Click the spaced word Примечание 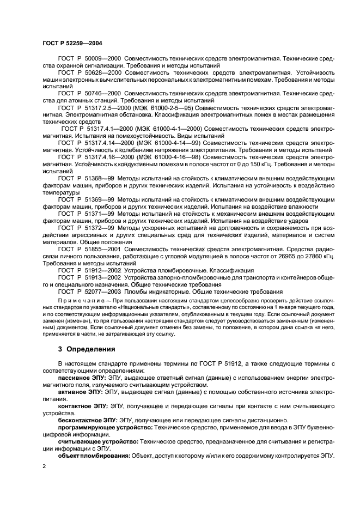81,301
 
